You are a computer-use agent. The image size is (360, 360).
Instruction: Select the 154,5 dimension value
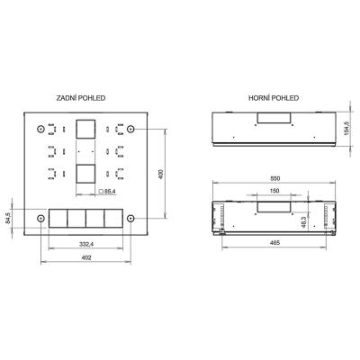(x=347, y=130)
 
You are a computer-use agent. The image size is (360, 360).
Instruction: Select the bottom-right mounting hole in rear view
(x=130, y=219)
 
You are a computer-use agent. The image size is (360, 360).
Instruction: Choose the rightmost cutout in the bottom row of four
(x=112, y=220)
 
